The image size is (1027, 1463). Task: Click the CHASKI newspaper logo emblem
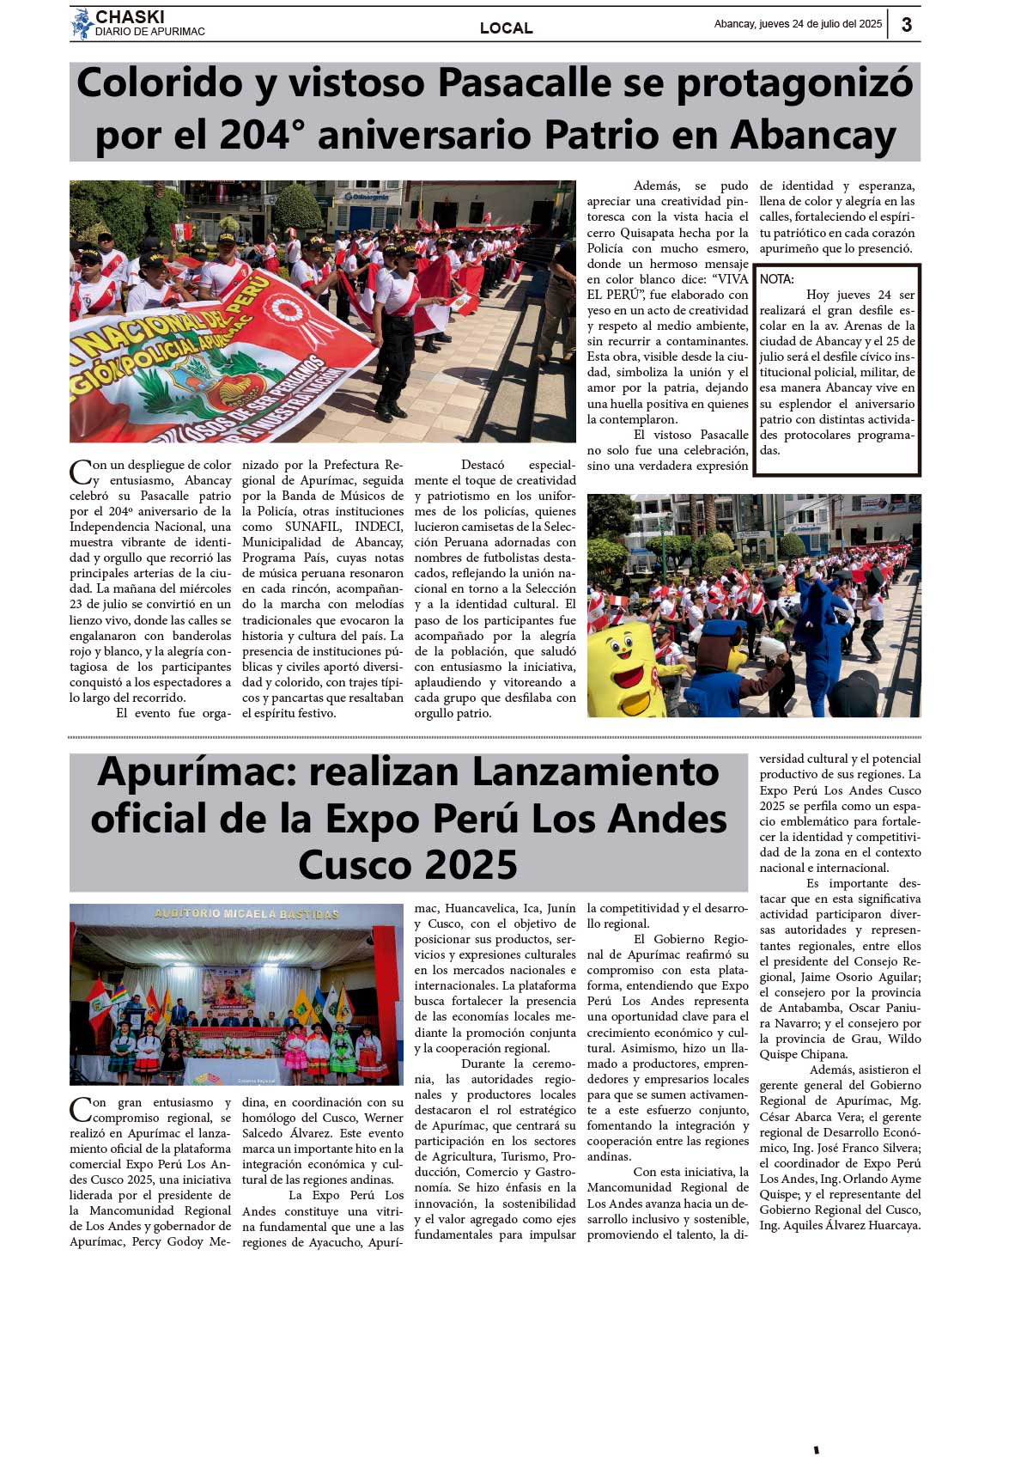point(82,23)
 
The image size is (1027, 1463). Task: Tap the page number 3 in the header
point(906,24)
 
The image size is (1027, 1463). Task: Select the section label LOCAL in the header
point(506,28)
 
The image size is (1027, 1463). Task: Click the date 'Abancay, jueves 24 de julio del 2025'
point(797,24)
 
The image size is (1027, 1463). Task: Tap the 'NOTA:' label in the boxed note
point(776,279)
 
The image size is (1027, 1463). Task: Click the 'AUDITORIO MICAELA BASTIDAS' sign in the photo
point(246,914)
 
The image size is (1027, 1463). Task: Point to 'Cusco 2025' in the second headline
point(408,864)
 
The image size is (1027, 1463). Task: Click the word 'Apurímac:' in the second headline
point(197,771)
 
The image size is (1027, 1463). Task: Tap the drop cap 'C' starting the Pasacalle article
point(80,472)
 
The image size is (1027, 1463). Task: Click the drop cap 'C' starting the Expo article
point(80,1109)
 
